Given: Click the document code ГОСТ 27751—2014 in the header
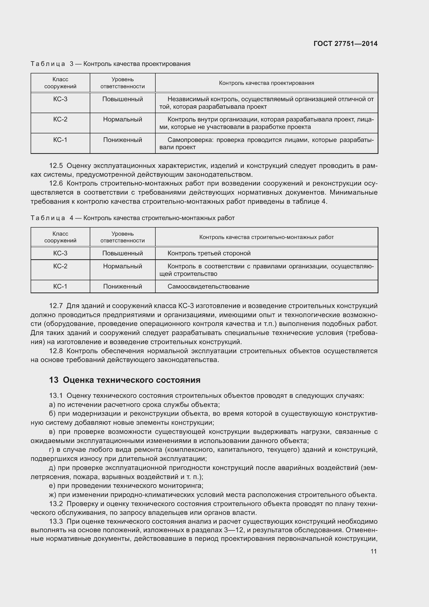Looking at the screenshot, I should click(345, 44).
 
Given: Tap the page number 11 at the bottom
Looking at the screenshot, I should click(373, 551).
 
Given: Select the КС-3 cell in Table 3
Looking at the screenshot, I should click(60, 99).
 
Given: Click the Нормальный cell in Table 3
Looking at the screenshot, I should click(123, 119).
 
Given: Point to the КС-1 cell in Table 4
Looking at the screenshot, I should click(60, 287).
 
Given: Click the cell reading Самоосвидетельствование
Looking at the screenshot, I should click(208, 287).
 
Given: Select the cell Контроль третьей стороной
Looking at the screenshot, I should click(209, 253).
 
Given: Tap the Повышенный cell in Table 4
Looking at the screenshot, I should click(123, 253).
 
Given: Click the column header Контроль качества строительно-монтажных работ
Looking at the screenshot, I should click(266, 237).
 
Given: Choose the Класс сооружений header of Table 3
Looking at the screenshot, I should click(60, 83).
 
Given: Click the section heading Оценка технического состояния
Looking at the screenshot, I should click(132, 380).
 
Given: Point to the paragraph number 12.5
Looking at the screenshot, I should click(56, 166).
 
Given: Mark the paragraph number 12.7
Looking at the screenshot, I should click(56, 306).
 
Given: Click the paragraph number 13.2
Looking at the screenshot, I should click(56, 504).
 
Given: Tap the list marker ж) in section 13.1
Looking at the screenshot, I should click(52, 495).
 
